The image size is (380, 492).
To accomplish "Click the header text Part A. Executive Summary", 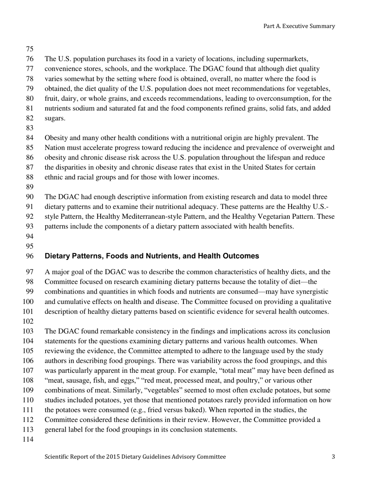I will click(x=299, y=26).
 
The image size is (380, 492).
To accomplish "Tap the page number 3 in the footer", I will click(x=333, y=456).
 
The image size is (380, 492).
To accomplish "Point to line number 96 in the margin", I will click(x=30, y=256).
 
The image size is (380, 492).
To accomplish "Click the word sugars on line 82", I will click(x=54, y=118).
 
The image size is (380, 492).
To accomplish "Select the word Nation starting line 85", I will click(x=54, y=148).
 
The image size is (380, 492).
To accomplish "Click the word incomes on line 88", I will click(x=206, y=177).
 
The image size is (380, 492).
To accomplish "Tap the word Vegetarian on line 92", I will click(x=278, y=217).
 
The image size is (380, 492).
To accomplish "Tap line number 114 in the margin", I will click(x=30, y=440).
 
